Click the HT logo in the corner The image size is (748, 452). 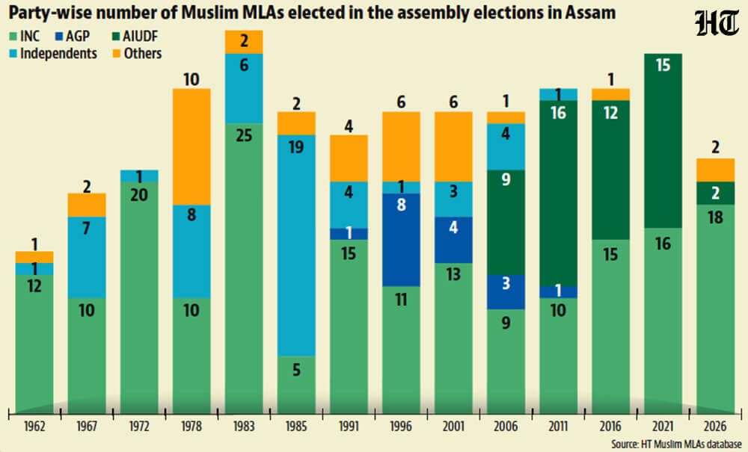click(717, 23)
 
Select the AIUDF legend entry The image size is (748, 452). click(135, 36)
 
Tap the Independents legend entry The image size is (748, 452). click(53, 53)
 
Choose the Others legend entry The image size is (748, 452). click(138, 53)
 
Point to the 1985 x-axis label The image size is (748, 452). click(296, 426)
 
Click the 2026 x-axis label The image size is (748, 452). click(715, 426)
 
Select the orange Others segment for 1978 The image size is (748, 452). click(191, 146)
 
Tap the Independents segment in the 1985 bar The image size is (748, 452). click(296, 245)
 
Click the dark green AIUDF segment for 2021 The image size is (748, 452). click(663, 141)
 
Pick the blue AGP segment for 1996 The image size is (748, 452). click(401, 240)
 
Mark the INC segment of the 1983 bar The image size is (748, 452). click(244, 269)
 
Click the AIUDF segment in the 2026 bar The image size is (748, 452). click(715, 194)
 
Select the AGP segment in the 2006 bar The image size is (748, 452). click(506, 292)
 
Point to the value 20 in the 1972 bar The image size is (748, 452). click(139, 195)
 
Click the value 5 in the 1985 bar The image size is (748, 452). click(296, 370)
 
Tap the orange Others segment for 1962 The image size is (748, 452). click(34, 257)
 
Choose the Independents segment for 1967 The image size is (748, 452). click(87, 257)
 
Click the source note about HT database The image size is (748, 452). click(676, 445)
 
